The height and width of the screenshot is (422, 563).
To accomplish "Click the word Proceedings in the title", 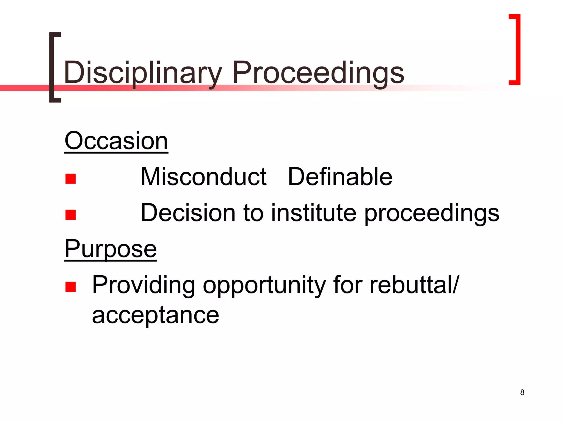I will click(318, 73).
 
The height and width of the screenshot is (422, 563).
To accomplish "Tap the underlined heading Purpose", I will click(111, 249).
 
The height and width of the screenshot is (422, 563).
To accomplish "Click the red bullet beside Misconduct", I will click(71, 179).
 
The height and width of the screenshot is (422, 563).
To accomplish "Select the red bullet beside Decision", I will click(71, 215).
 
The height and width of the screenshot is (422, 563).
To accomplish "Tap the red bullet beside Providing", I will click(71, 287).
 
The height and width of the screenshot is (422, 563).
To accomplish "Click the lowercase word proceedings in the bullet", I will click(432, 214).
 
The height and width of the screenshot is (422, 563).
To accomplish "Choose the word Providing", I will click(143, 286).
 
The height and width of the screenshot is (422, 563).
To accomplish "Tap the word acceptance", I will click(156, 315).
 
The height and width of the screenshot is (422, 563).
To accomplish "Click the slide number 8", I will click(522, 392).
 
